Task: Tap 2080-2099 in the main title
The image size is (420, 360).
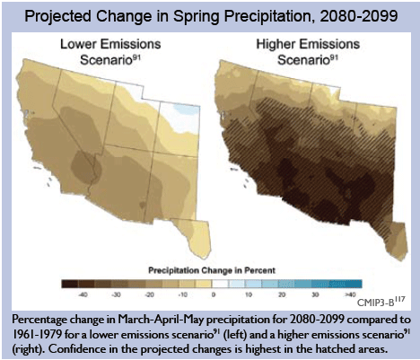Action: tap(359, 15)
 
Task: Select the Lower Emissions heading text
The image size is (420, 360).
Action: tap(110, 44)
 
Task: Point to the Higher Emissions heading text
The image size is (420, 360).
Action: tap(308, 44)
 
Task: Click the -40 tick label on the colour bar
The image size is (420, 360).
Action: tap(83, 294)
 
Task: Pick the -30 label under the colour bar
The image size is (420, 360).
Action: tap(116, 294)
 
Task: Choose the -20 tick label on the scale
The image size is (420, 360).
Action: tap(149, 294)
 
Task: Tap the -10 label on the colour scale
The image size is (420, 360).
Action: tap(182, 294)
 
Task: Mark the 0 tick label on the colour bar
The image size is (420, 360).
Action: tap(214, 294)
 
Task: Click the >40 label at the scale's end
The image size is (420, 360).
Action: tap(350, 294)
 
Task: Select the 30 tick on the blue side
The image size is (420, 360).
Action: tap(315, 294)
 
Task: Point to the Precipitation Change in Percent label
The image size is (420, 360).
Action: tap(212, 270)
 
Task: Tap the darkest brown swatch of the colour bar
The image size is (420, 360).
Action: tap(70, 284)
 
